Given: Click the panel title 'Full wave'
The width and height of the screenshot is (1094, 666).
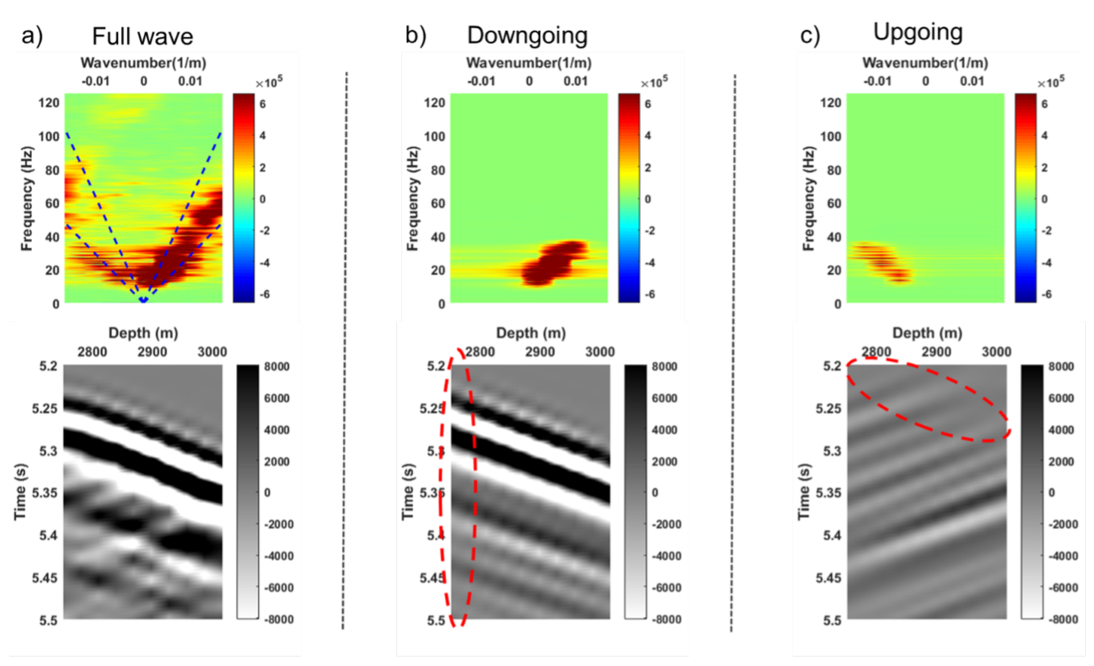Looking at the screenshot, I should click(x=143, y=36).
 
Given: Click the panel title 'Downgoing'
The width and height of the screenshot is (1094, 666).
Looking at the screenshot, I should click(x=527, y=36).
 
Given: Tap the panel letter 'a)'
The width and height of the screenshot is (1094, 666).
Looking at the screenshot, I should click(x=32, y=36).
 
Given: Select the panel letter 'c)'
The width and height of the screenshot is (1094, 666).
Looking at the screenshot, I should click(x=810, y=36).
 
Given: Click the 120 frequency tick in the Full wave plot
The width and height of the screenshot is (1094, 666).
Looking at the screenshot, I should click(x=49, y=103).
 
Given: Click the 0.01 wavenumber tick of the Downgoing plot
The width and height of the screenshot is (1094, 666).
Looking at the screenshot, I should click(x=575, y=81).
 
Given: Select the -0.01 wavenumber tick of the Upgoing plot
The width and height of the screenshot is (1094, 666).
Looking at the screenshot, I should click(x=877, y=81).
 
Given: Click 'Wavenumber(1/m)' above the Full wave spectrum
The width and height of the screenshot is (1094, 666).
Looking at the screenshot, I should click(x=143, y=63).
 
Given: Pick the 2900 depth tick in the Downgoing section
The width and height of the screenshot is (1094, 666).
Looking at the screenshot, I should click(x=540, y=352).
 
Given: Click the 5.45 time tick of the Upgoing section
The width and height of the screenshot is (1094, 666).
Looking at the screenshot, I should click(x=828, y=578).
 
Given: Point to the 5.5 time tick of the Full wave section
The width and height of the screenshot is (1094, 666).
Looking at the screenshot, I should click(x=48, y=620).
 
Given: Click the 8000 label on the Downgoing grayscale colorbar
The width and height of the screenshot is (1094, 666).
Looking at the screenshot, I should click(x=664, y=366).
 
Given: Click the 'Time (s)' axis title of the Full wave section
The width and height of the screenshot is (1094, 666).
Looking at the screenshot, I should click(x=20, y=492).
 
